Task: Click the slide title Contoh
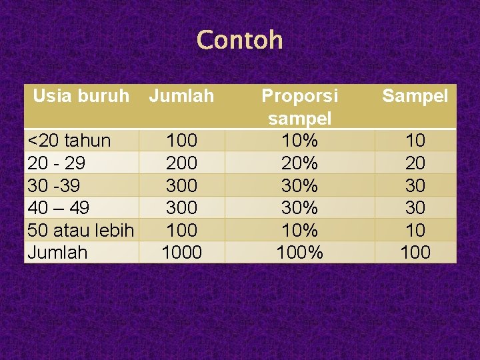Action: click(240, 41)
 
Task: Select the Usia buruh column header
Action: click(81, 97)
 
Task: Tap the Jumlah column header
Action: click(181, 97)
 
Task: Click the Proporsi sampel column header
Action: click(299, 107)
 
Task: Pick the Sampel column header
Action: click(415, 97)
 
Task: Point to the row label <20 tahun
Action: click(69, 141)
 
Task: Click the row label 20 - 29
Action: click(56, 163)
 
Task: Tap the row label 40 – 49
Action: click(57, 208)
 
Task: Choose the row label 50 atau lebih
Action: click(80, 230)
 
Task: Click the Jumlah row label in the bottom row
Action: click(57, 253)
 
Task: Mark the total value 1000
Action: click(181, 253)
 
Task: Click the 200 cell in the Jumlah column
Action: click(181, 163)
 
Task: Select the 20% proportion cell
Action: click(299, 163)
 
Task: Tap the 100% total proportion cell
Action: click(299, 253)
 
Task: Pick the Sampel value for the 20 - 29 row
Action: click(415, 163)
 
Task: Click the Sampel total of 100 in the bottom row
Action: click(415, 253)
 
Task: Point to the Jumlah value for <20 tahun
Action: click(181, 141)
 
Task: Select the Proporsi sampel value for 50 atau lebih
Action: click(299, 230)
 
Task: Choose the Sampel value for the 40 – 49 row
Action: click(415, 208)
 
